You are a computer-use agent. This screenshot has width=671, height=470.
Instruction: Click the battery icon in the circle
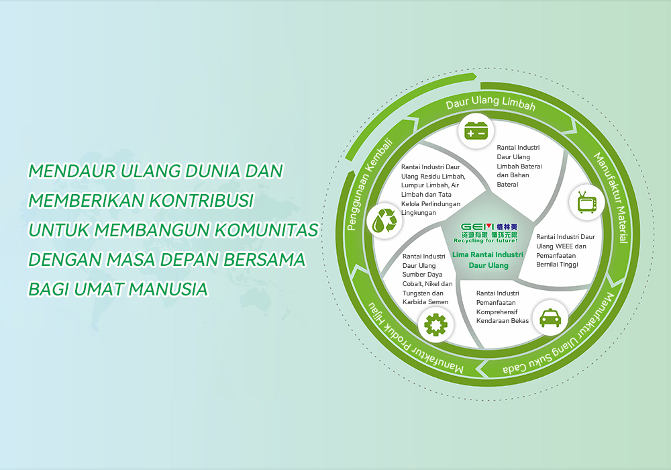click(476, 131)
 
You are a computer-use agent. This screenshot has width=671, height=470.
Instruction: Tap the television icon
click(586, 203)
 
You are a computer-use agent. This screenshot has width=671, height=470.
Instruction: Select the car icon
click(550, 318)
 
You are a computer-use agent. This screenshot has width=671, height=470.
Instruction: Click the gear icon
click(435, 324)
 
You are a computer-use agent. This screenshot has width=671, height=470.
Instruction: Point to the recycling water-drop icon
click(384, 221)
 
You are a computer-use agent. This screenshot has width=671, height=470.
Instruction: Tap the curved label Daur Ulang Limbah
click(491, 103)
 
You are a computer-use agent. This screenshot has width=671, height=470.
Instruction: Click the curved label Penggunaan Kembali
click(368, 185)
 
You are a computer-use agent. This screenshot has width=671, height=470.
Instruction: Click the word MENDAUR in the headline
click(72, 171)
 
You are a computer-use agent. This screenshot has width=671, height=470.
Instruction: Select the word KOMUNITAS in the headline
click(266, 230)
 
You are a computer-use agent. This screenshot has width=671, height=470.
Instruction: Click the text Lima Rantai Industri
click(488, 254)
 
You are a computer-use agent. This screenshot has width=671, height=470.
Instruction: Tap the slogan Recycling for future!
click(486, 241)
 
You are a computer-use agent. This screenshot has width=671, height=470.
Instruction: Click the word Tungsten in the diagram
click(417, 293)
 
